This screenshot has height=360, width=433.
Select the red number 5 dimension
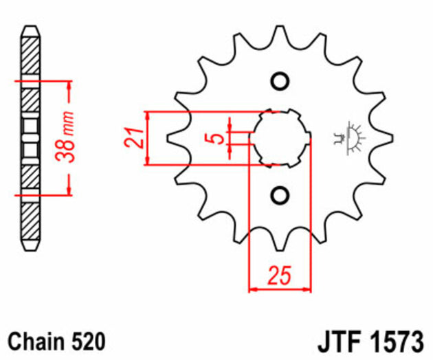(218, 138)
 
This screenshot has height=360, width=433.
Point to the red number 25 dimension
(279, 275)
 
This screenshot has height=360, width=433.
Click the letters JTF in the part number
(338, 341)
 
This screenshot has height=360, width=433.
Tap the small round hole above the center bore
(279, 81)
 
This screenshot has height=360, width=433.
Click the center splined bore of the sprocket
(279, 137)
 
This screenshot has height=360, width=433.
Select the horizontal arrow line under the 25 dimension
(279, 290)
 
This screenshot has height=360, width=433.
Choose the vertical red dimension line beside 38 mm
(69, 137)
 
